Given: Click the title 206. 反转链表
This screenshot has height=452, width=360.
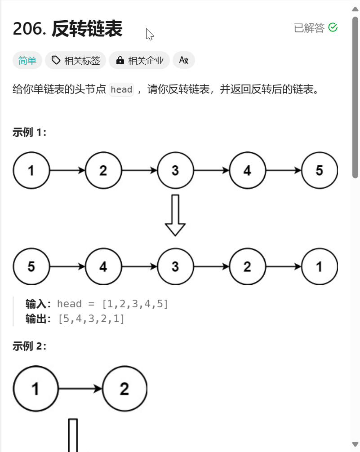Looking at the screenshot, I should pyautogui.click(x=67, y=29).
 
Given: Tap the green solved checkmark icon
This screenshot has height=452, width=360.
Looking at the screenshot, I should pyautogui.click(x=333, y=28).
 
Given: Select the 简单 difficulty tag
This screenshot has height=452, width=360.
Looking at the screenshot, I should pyautogui.click(x=27, y=61).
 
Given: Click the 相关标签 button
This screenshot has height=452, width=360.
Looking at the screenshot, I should pyautogui.click(x=76, y=61).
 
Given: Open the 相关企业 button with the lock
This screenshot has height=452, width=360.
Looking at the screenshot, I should pyautogui.click(x=139, y=61).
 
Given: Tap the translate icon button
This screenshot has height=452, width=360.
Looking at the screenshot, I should pyautogui.click(x=183, y=60).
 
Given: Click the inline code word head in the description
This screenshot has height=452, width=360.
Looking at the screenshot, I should pyautogui.click(x=121, y=89).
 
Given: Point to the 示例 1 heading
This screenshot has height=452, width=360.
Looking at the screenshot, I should pyautogui.click(x=30, y=132).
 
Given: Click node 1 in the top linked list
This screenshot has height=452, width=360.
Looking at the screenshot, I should pyautogui.click(x=31, y=171).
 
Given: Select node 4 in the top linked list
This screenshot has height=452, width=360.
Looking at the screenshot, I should pyautogui.click(x=247, y=171).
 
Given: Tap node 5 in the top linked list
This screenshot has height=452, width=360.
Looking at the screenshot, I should pyautogui.click(x=319, y=171).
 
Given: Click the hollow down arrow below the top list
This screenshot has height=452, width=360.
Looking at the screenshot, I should pyautogui.click(x=175, y=215).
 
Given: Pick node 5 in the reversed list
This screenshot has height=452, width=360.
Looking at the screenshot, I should pyautogui.click(x=31, y=266).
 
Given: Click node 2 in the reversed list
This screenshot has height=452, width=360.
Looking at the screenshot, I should pyautogui.click(x=247, y=266).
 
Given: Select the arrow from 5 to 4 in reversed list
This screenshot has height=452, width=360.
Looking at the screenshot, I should pyautogui.click(x=67, y=266).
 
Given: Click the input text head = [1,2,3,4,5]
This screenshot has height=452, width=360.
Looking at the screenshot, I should pyautogui.click(x=113, y=304).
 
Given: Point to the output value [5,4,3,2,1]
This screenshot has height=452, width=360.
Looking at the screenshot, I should pyautogui.click(x=91, y=319).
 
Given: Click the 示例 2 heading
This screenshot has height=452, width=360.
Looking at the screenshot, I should pyautogui.click(x=30, y=346).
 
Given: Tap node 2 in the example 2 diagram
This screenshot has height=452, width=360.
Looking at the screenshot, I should pyautogui.click(x=124, y=389).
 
